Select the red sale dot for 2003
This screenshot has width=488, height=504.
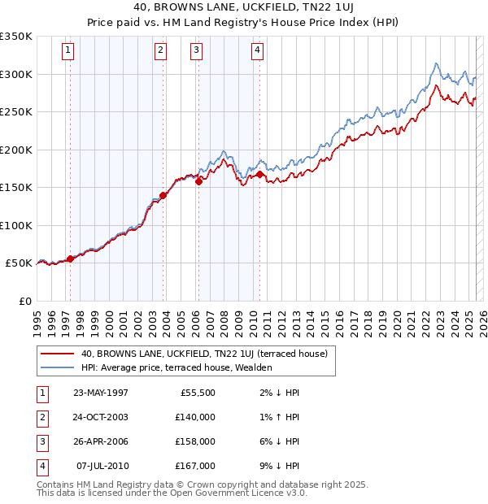point(163,195)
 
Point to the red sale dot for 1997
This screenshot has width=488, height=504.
point(70,259)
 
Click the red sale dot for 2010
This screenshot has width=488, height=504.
point(259,174)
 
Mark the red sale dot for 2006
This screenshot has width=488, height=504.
point(198,181)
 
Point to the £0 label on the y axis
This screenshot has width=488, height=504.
point(25,301)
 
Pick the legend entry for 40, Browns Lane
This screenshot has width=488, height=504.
point(203,354)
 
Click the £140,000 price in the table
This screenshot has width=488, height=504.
point(195,417)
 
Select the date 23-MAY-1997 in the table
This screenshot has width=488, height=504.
point(100,393)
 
